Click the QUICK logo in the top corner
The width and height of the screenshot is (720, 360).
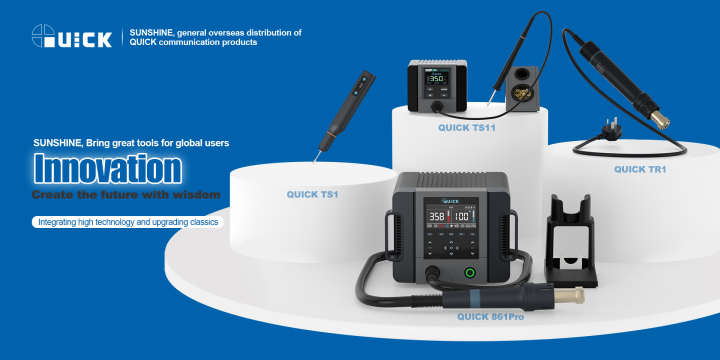tap(72, 36)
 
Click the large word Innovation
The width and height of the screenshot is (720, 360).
tap(107, 169)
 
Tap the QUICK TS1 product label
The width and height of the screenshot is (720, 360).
tap(312, 194)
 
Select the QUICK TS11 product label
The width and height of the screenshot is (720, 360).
tap(467, 128)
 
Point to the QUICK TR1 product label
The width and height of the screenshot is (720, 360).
tap(640, 169)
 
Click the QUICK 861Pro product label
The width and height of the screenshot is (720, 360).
tap(490, 317)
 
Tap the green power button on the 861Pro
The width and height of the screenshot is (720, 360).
tap(470, 273)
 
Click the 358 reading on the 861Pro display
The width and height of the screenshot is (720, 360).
tap(437, 217)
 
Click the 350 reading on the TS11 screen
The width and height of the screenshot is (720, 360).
tap(438, 79)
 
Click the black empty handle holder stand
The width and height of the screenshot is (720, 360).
tap(571, 241)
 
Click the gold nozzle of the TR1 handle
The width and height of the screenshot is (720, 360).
tap(659, 119)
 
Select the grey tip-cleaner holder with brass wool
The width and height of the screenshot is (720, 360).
tap(522, 89)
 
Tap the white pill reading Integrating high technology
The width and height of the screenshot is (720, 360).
tap(128, 222)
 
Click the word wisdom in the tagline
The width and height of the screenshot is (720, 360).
tap(197, 195)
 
